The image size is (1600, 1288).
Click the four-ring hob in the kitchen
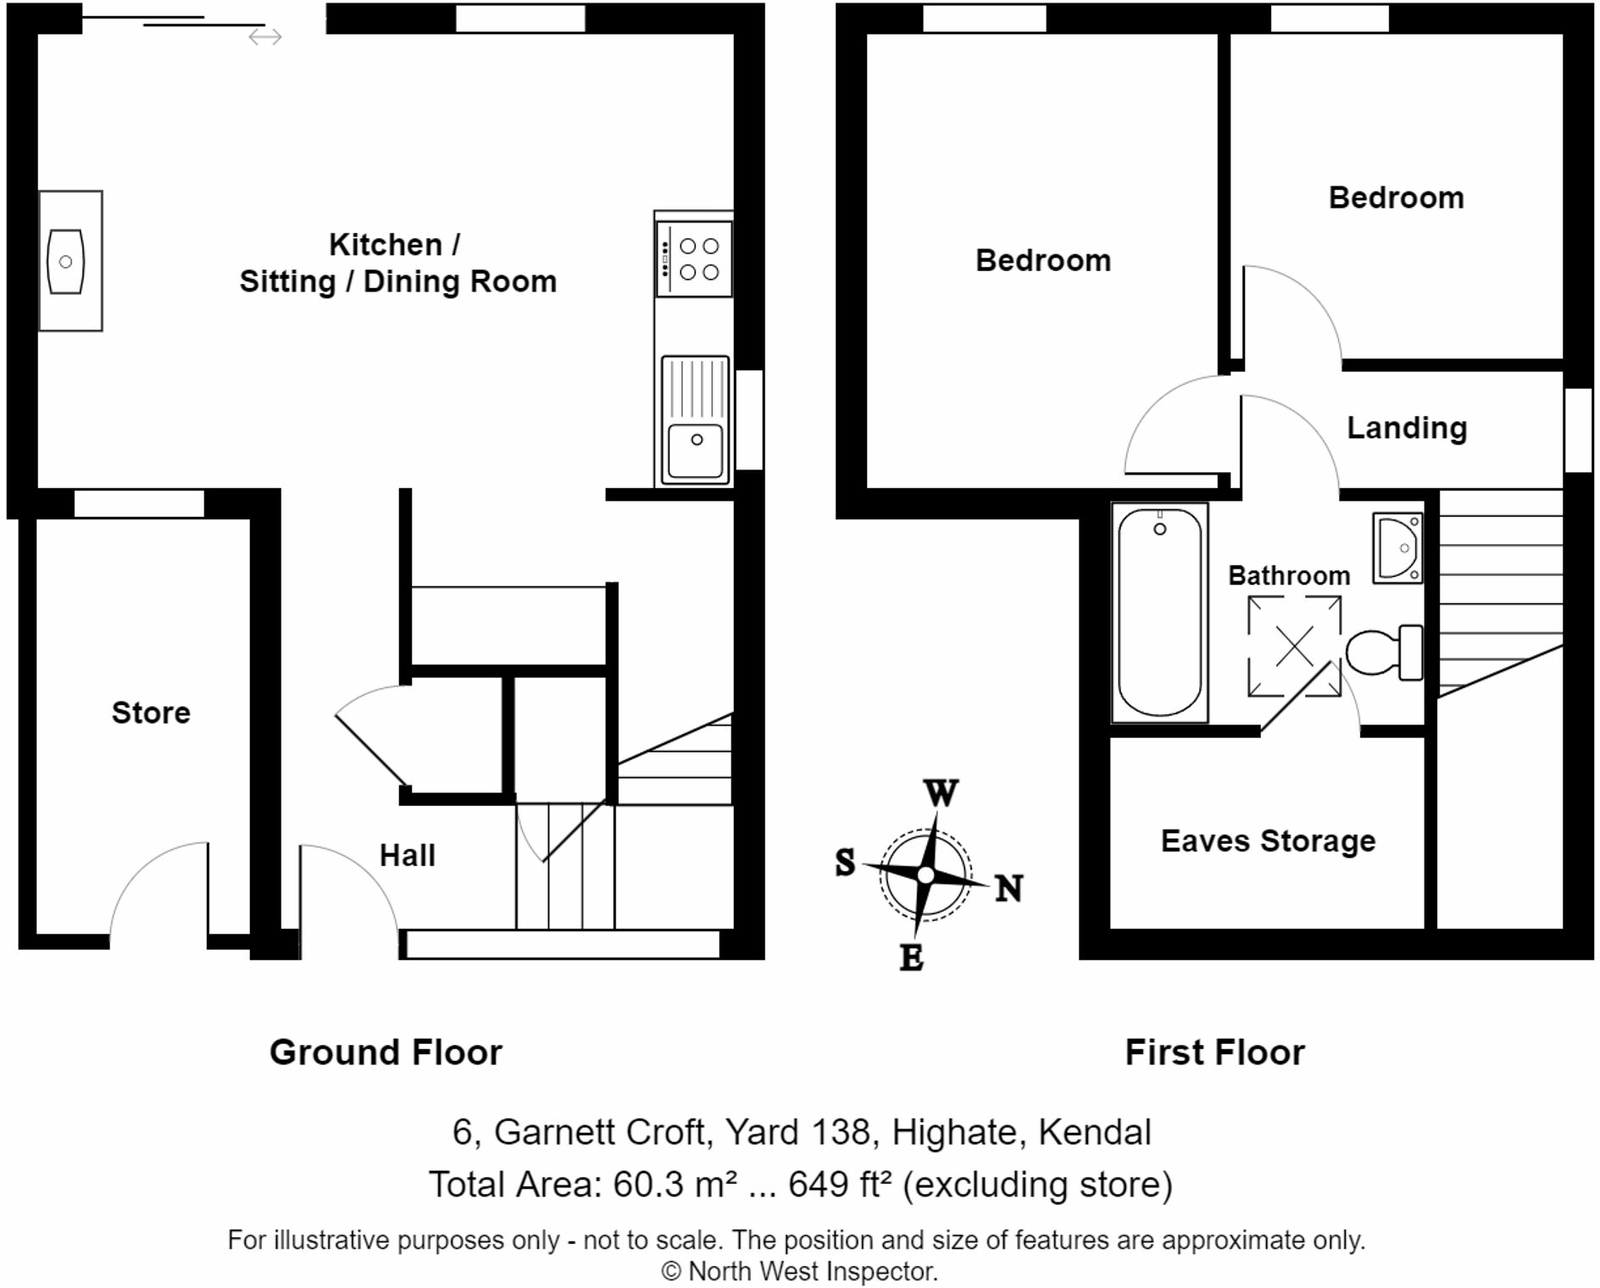tap(694, 258)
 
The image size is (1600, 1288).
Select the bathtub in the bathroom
tap(1159, 612)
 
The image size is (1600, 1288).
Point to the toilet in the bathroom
tap(1383, 652)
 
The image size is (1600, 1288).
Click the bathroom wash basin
tap(1397, 548)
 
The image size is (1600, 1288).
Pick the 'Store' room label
tap(151, 713)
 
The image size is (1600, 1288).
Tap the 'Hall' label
tap(408, 856)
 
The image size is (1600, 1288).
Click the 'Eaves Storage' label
tap(1268, 841)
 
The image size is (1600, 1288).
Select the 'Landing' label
tap(1407, 428)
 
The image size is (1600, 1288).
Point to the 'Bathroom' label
tap(1289, 576)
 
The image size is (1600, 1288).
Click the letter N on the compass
tap(1008, 889)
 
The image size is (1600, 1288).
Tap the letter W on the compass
tap(941, 794)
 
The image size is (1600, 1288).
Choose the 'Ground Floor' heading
tap(386, 1052)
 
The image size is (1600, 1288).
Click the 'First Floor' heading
tap(1214, 1052)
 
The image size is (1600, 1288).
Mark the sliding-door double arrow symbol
tap(265, 36)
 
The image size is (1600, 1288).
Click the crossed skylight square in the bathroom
tap(1294, 647)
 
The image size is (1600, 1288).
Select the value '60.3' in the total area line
tap(648, 1185)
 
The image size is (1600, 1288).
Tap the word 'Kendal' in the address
tap(1095, 1132)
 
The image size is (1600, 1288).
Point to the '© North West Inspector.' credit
tap(799, 1271)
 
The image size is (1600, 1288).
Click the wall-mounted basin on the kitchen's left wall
tap(66, 261)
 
